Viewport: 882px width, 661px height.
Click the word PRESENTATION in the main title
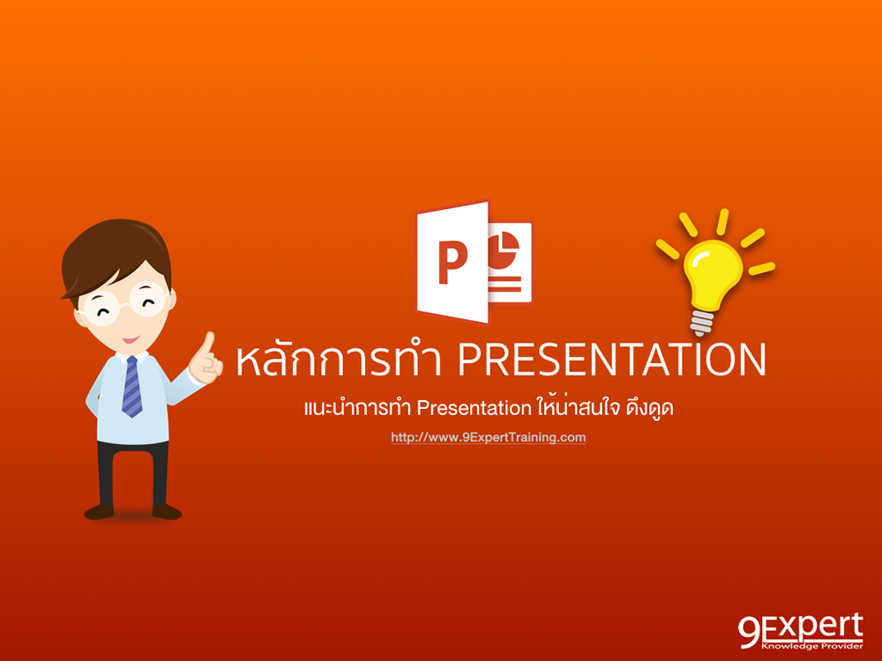[612, 360]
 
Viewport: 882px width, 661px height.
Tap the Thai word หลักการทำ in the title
[341, 360]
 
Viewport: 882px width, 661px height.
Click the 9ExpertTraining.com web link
[488, 436]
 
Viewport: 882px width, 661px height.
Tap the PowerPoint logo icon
[474, 263]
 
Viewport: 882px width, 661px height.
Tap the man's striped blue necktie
[131, 386]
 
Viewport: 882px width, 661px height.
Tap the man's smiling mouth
[130, 337]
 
